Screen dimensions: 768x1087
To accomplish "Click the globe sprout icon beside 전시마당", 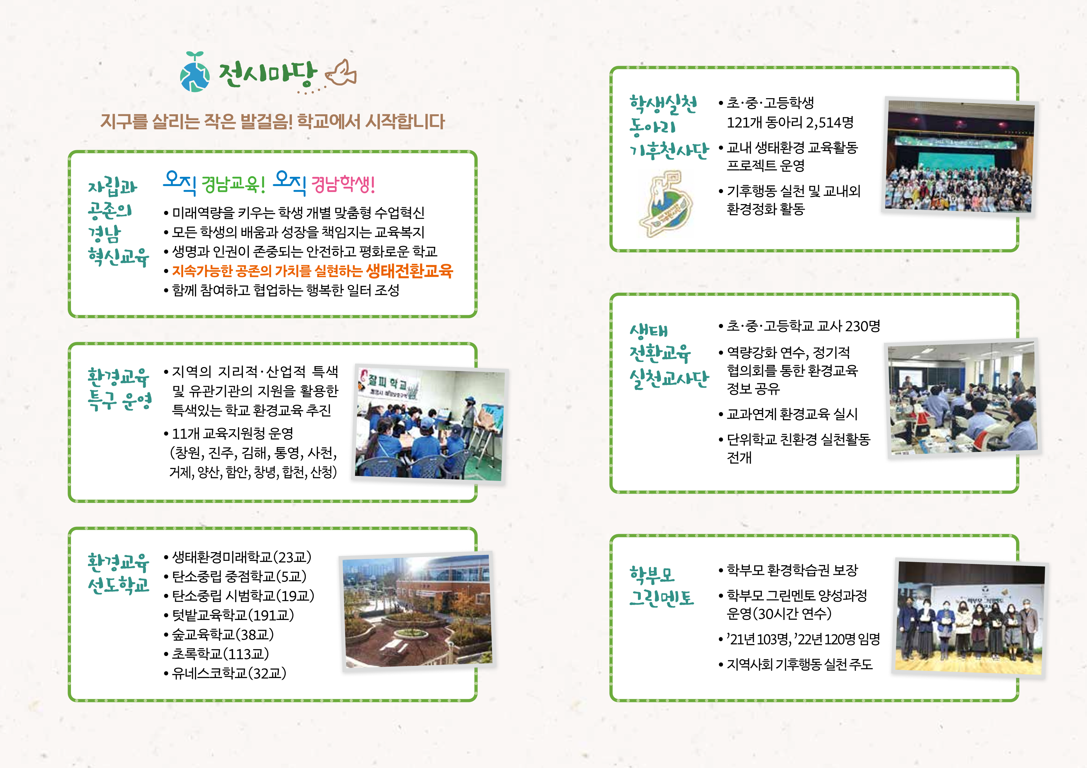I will coord(195,73).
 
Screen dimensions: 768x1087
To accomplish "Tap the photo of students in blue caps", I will coord(430,425).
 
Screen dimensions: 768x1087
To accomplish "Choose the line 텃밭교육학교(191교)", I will coord(232,615).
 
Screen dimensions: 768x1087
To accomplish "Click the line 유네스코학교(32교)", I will coord(229,673).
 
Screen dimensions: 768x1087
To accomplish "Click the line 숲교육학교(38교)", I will coord(222,635).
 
